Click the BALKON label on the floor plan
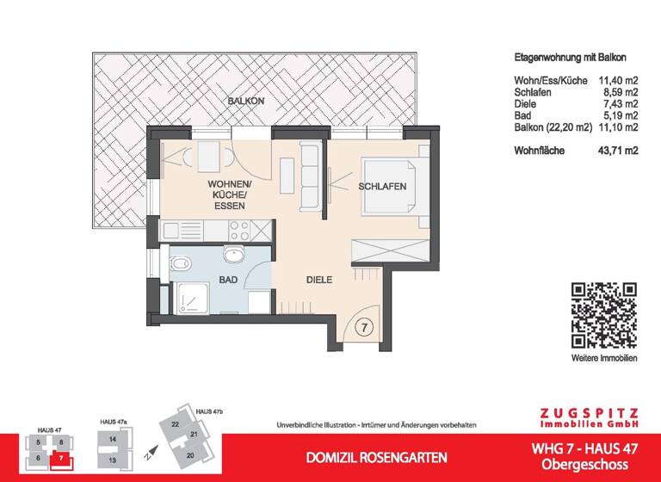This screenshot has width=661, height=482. pos(246,102)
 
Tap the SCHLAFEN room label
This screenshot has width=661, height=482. pos(383,187)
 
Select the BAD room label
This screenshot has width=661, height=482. pos(228,281)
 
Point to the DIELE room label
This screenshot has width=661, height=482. pos(319,280)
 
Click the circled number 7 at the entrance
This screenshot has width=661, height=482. pos(364,327)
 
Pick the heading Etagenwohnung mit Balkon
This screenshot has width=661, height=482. pos(565,58)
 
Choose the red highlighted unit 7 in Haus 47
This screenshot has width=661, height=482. pos(61,458)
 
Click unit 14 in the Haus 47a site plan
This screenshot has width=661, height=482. pos(113,439)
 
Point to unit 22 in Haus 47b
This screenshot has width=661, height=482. pos(175,424)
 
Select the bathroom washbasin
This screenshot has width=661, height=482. pos(234,255)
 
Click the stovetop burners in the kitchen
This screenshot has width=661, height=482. pos(240,230)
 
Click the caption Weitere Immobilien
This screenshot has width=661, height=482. pos(603,357)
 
